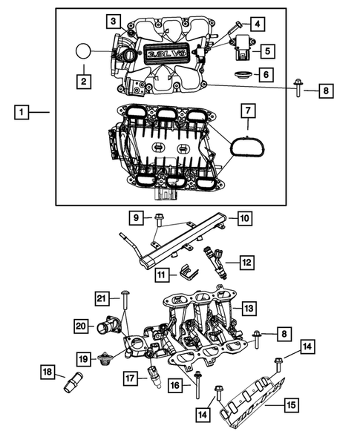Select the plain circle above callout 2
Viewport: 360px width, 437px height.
pos(84,52)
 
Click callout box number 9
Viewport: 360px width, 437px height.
pos(137,218)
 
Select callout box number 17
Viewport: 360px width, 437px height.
pos(130,378)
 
